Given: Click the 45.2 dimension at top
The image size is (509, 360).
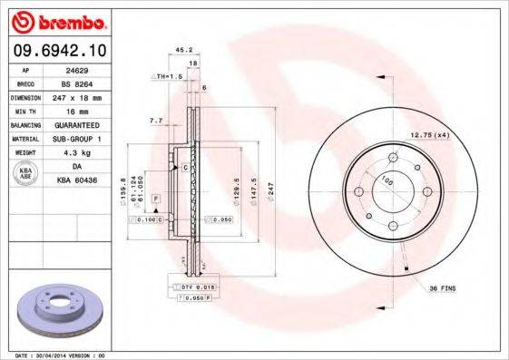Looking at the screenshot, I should (182, 51).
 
